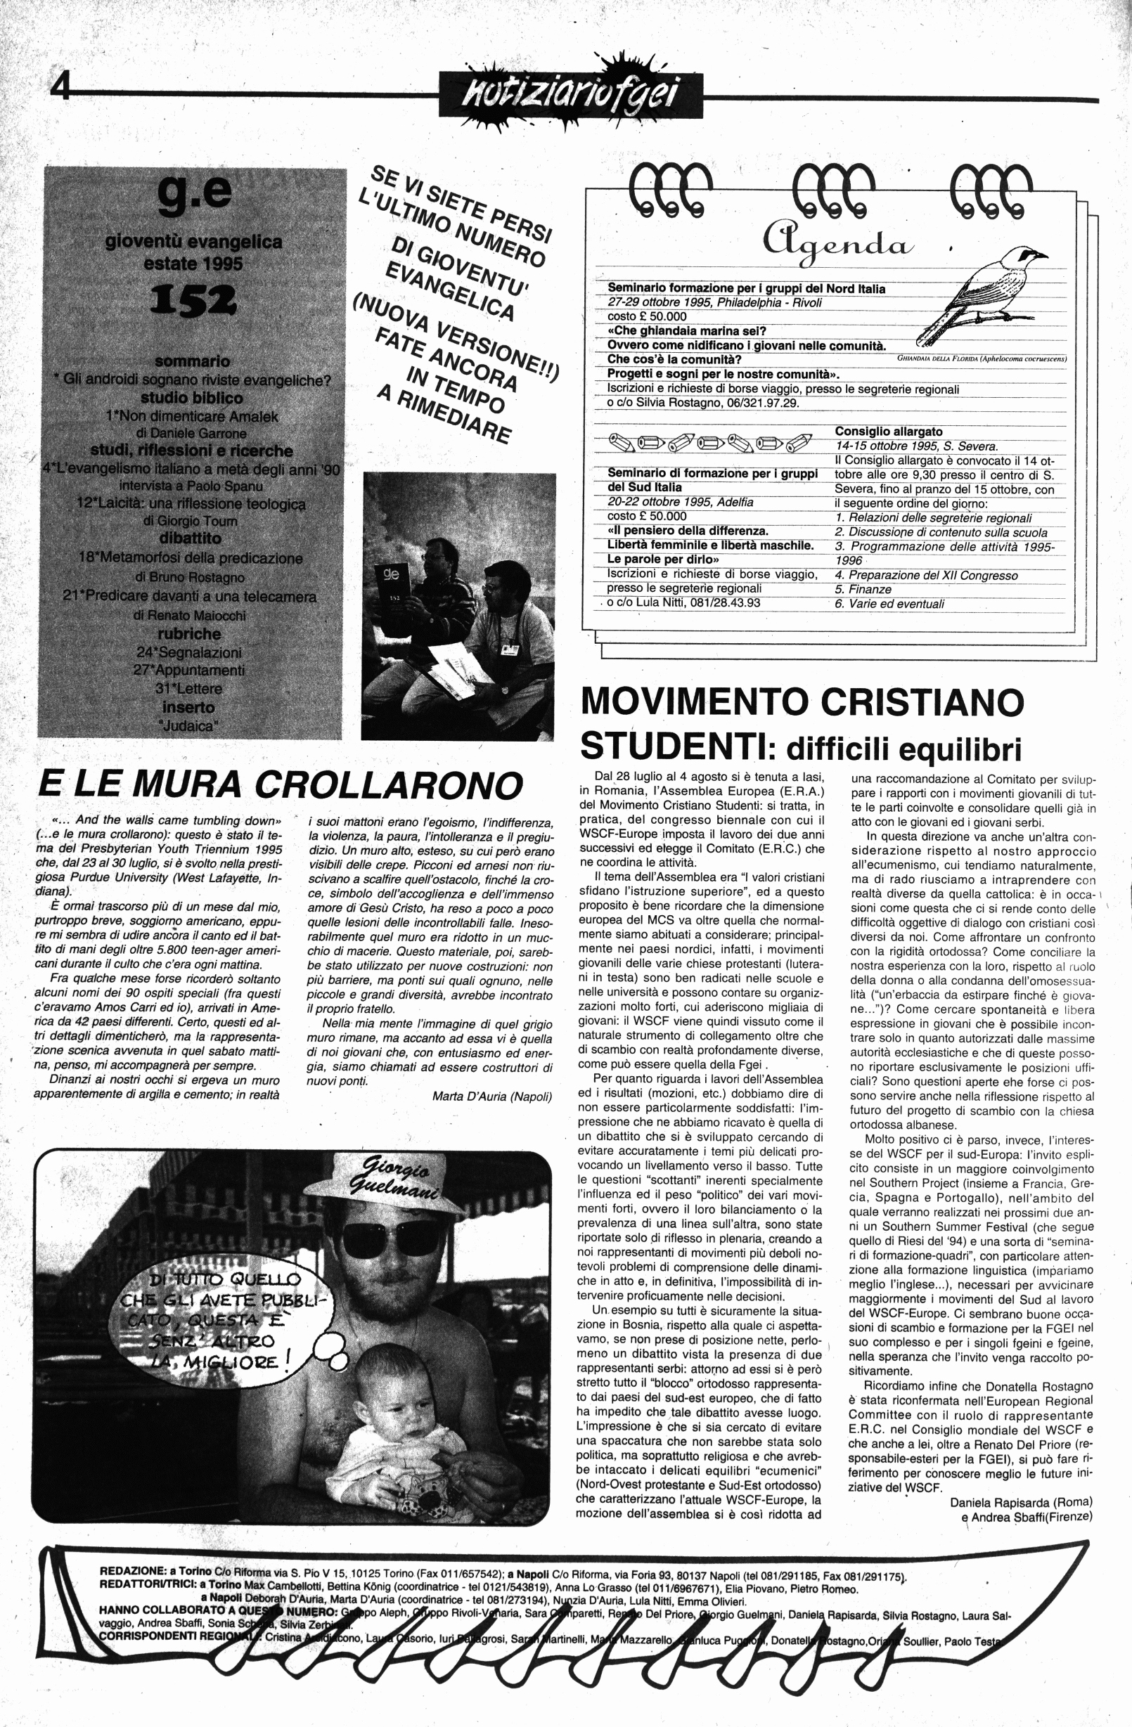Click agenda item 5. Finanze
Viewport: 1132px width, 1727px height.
point(863,589)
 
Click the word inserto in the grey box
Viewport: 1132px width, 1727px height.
point(188,707)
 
